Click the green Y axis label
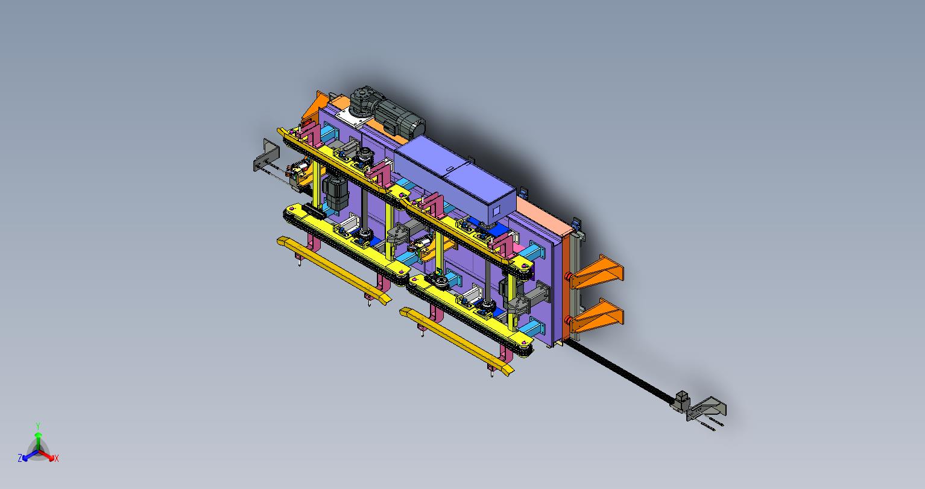point(38,426)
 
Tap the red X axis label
point(57,458)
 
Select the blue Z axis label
point(20,458)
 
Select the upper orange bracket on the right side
point(598,272)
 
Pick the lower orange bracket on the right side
point(598,316)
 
